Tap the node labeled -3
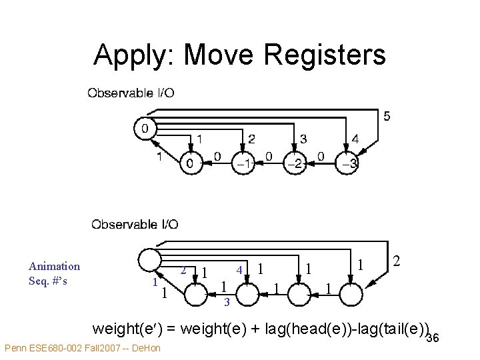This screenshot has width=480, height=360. tap(349, 163)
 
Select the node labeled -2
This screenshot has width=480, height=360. tap(295, 163)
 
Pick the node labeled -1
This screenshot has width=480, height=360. tap(244, 163)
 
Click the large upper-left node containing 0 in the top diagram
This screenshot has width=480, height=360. tap(145, 127)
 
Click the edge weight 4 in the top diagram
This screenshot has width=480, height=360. tap(355, 140)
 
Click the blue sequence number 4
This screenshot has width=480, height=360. tap(239, 270)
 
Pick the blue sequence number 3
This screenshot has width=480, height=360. tap(227, 303)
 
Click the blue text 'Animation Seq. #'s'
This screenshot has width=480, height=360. tap(54, 273)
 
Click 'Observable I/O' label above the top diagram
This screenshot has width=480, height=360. tap(131, 93)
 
